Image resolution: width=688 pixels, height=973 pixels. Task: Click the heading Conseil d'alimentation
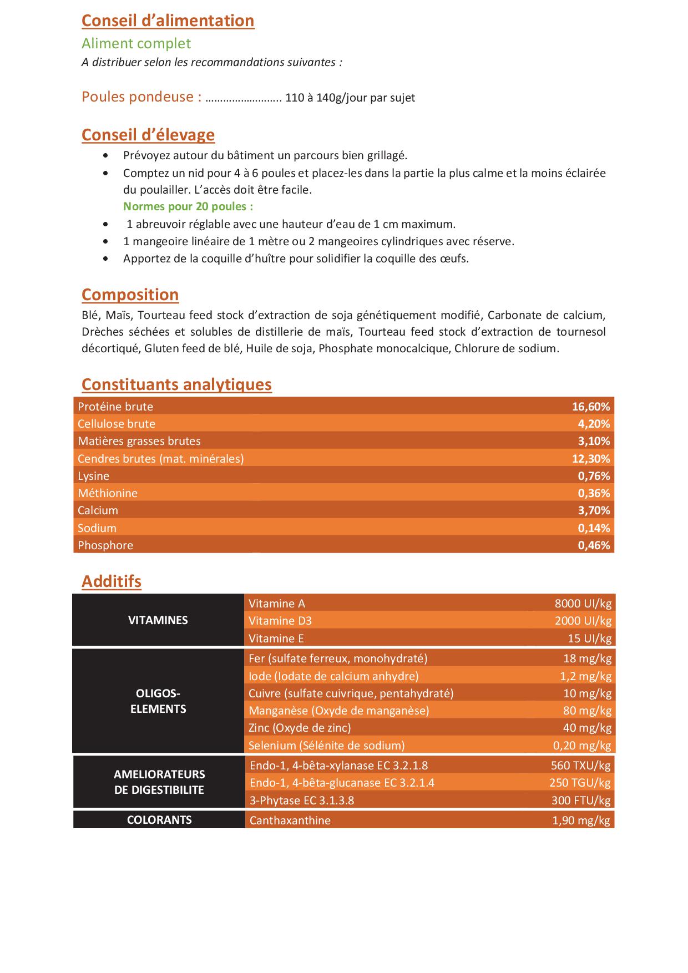point(168,21)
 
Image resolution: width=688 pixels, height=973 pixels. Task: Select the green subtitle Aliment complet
point(136,43)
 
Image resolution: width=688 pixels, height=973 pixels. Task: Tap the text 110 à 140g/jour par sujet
point(350,98)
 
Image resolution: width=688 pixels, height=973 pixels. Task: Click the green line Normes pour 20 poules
point(188,206)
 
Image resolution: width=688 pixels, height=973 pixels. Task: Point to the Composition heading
point(130,295)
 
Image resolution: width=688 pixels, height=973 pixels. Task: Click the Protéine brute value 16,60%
point(590,407)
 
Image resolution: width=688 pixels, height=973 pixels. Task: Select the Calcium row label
point(98,510)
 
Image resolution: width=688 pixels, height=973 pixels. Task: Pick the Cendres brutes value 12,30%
point(590,459)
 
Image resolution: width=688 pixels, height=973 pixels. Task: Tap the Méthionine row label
point(108,493)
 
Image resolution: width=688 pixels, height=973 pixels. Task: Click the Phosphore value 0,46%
point(593,545)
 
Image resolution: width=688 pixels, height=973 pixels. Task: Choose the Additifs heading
point(111,581)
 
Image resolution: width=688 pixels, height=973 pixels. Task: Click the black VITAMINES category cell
point(158,620)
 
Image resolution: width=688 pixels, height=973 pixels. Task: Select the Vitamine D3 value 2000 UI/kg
point(583,621)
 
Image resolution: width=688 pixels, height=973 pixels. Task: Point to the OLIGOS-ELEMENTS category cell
point(158,701)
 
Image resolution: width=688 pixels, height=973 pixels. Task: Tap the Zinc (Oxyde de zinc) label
point(300,728)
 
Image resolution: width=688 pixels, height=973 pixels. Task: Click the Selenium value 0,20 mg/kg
point(581,746)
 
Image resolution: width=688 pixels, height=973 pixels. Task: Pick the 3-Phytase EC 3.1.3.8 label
point(302,800)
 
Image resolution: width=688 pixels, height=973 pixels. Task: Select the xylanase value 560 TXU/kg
point(580,766)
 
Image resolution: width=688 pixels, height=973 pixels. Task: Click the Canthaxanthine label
point(290,820)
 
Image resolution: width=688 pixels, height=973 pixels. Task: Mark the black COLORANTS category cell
point(159,820)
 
